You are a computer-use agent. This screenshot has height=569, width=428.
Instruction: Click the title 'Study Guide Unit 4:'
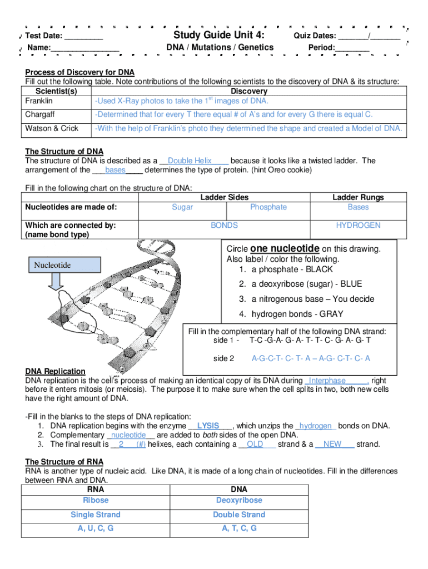(x=220, y=36)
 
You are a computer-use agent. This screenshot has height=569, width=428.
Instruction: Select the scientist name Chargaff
(x=40, y=115)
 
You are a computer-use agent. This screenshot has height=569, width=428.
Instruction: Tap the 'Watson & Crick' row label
(x=52, y=128)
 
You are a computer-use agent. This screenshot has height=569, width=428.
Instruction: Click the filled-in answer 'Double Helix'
(x=190, y=161)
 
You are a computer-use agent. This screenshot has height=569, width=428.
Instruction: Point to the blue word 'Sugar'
(x=182, y=207)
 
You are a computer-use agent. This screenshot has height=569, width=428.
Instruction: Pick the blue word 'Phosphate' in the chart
(x=268, y=207)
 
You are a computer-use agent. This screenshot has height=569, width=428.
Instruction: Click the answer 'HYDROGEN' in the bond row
(x=358, y=225)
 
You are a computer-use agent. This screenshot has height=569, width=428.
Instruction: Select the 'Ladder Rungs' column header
(x=358, y=197)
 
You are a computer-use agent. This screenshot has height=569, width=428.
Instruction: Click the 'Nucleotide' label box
(x=53, y=265)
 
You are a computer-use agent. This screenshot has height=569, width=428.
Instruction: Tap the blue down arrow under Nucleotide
(x=57, y=283)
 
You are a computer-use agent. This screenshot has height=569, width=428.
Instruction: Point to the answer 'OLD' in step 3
(x=255, y=444)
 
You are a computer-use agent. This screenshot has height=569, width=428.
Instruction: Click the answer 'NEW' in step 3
(x=332, y=444)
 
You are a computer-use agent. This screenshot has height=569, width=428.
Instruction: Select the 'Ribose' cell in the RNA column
(x=96, y=500)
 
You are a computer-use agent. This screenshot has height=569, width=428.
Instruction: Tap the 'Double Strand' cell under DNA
(x=239, y=515)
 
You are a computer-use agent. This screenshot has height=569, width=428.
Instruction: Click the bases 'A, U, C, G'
(x=96, y=528)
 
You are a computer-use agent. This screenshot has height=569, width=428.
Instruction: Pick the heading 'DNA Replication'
(x=56, y=371)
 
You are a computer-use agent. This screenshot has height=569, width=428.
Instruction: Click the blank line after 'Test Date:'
(x=83, y=37)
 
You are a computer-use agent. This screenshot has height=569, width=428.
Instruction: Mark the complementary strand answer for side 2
(x=311, y=358)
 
